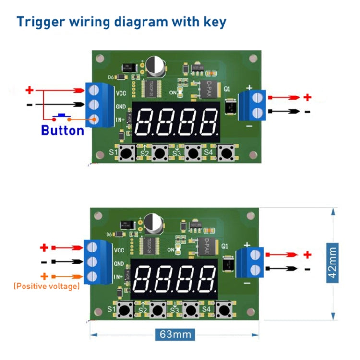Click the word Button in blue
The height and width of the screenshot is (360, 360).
[x=62, y=130]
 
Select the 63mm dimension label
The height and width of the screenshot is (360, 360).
[x=174, y=334]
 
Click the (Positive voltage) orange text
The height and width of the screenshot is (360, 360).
[x=47, y=286]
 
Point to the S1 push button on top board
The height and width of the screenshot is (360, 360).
[x=127, y=154]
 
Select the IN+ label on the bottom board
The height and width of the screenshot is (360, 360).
[x=119, y=277]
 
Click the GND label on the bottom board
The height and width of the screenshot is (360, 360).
[x=119, y=264]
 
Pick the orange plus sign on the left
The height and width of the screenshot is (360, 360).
[x=44, y=276]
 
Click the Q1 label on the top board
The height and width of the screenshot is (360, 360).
[x=227, y=89]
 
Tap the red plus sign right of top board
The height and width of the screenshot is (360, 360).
[x=307, y=97]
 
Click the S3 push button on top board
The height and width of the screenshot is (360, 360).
[x=193, y=154]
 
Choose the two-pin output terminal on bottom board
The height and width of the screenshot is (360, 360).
[x=255, y=262]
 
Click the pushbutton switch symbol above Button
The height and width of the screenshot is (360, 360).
[x=61, y=116]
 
